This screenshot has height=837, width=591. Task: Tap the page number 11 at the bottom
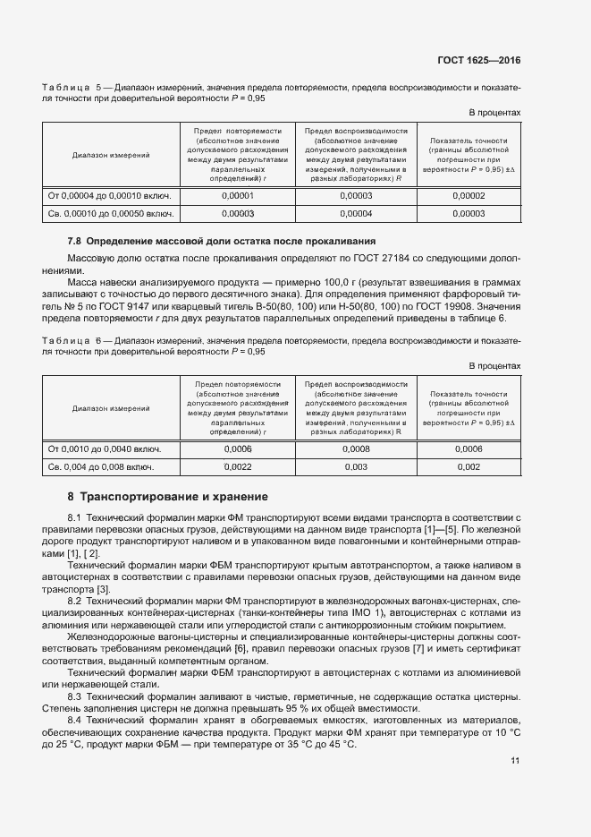[515, 761]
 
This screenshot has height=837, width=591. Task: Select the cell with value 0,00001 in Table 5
[238, 195]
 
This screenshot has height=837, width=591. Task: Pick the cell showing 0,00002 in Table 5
[469, 195]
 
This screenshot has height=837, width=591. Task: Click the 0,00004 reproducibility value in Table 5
[357, 213]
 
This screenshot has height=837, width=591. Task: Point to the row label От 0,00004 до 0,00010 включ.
[109, 195]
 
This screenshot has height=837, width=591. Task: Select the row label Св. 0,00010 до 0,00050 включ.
[110, 213]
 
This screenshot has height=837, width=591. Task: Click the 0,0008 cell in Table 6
[355, 448]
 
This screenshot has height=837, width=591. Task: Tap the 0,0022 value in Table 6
[238, 466]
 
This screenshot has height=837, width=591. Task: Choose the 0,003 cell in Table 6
[355, 466]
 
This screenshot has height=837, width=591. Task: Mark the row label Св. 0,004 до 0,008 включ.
[100, 466]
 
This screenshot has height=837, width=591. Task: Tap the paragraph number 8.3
[75, 696]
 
